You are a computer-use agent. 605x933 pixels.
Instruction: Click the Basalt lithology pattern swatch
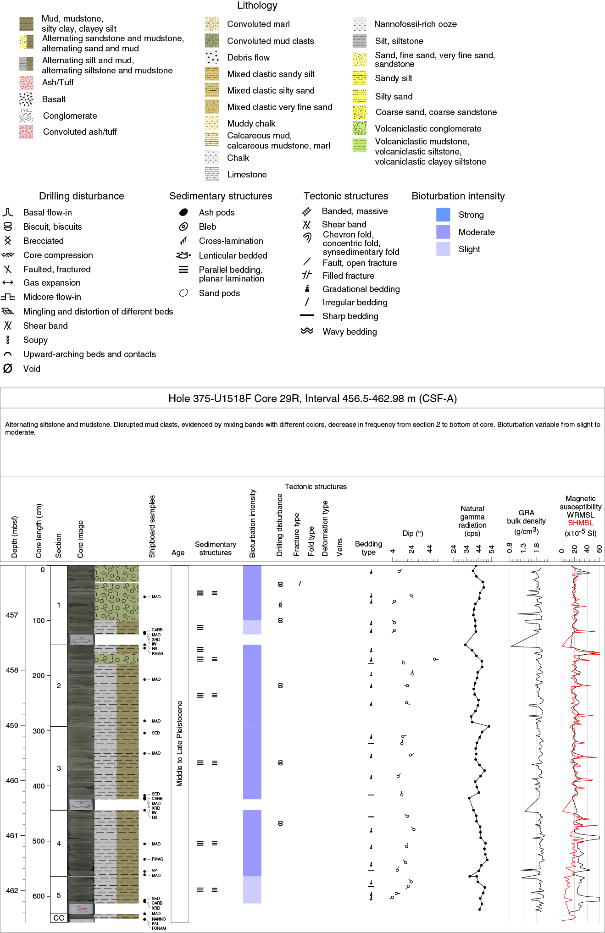click(x=26, y=99)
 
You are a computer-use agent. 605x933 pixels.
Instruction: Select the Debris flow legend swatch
click(x=212, y=57)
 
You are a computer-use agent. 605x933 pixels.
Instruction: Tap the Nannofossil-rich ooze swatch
click(x=360, y=24)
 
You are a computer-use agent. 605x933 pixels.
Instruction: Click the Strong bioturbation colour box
click(x=443, y=215)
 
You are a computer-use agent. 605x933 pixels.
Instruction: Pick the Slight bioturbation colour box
click(x=443, y=249)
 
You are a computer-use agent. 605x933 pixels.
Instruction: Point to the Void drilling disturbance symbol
click(x=8, y=369)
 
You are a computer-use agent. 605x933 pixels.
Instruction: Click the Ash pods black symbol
click(x=183, y=212)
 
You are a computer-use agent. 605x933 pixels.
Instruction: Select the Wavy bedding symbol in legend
click(x=307, y=331)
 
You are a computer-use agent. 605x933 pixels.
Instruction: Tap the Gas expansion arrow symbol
click(x=8, y=282)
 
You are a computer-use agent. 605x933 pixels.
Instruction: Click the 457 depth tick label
click(x=12, y=615)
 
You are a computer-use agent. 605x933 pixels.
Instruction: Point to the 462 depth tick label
click(x=12, y=890)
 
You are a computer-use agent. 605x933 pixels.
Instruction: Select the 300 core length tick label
click(x=39, y=731)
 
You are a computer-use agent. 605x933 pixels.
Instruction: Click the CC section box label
click(x=59, y=918)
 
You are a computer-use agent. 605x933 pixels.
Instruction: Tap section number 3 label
click(x=59, y=768)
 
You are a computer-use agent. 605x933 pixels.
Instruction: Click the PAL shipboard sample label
click(x=155, y=924)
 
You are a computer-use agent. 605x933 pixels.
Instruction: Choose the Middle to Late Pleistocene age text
click(x=180, y=744)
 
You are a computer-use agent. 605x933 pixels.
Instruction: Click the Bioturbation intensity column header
click(x=252, y=524)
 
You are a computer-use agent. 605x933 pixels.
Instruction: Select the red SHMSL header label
click(x=580, y=523)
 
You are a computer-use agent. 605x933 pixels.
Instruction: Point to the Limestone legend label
click(x=247, y=174)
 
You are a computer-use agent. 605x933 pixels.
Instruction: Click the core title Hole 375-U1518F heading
click(x=312, y=398)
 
